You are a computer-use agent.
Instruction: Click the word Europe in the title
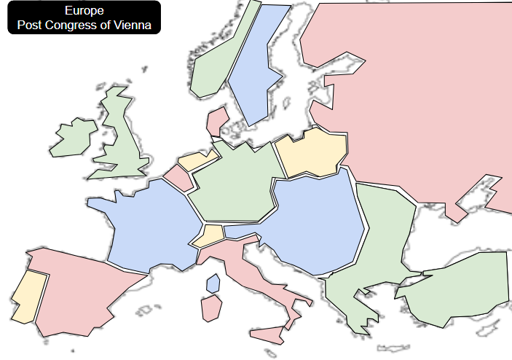[x=84, y=11]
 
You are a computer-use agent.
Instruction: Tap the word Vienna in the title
[x=135, y=25]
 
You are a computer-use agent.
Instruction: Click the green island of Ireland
[x=74, y=138]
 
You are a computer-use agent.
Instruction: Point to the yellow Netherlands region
[x=197, y=160]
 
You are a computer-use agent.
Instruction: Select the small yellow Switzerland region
[x=210, y=235]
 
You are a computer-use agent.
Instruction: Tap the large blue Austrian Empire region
[x=313, y=222]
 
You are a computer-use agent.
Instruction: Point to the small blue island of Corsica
[x=213, y=283]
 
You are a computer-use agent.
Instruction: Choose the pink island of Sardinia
[x=211, y=308]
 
